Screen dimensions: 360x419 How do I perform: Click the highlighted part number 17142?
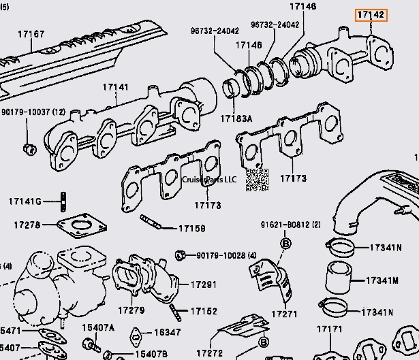coord(371,14)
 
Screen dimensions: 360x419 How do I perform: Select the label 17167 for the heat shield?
coord(31,33)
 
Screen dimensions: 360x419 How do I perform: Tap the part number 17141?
coord(116,87)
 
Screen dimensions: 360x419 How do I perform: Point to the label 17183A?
coord(236,118)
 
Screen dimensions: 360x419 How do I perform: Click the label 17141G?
coord(25,201)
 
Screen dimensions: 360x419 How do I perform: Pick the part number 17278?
coord(27,224)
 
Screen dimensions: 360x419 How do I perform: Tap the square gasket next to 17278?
coord(80,227)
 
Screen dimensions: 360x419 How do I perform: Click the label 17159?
coord(191,229)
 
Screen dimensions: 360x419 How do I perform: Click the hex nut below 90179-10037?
coord(28,148)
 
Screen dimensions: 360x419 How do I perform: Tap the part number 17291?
coord(203,284)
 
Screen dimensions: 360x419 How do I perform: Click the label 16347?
coord(167,332)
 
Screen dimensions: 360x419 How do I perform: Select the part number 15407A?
coord(98,328)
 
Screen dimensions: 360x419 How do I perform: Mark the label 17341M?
coord(382,280)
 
